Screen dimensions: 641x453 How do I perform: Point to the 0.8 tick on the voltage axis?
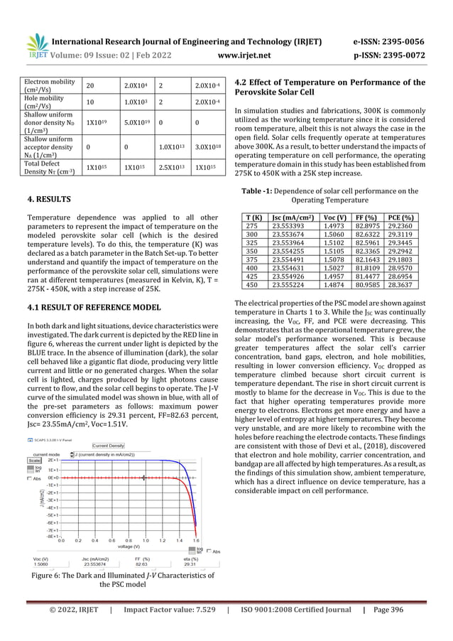(129, 540)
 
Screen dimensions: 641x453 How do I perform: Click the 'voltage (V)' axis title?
(129, 546)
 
